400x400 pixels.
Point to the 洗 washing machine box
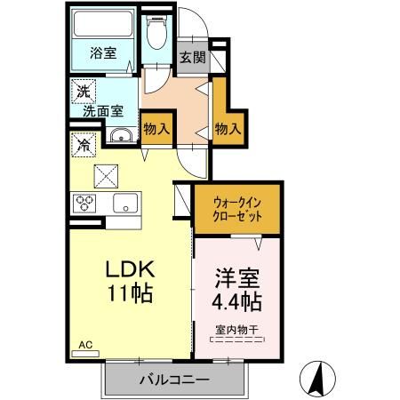tap(82, 90)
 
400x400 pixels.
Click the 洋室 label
tap(236, 278)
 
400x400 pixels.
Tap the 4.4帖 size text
tap(236, 301)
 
